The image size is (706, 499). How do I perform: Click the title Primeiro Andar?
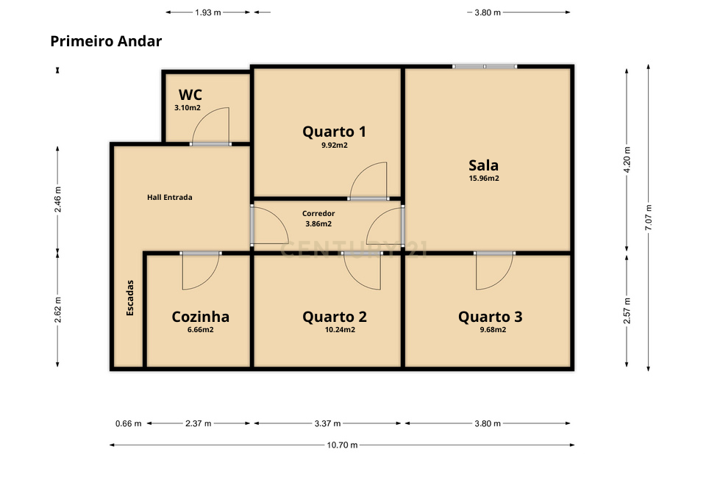coord(106,41)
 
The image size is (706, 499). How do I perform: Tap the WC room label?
coord(190,95)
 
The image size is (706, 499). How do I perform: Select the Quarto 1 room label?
coord(334,132)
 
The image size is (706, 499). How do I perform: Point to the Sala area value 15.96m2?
coord(484,178)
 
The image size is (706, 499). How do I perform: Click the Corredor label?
coord(318,214)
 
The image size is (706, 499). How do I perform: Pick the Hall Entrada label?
coord(169,197)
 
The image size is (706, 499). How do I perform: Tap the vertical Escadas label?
coord(130,298)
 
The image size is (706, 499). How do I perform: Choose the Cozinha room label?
coord(200,317)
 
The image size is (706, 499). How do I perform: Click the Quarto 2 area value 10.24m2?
coord(340,330)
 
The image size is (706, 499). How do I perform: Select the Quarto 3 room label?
coord(490,317)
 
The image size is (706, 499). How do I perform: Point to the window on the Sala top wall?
coord(484,67)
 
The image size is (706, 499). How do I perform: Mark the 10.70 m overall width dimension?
coord(342,445)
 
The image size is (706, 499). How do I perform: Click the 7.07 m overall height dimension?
coord(648,218)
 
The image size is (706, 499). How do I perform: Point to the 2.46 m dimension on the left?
coord(58,198)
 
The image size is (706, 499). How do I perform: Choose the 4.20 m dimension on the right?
coord(627,159)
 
